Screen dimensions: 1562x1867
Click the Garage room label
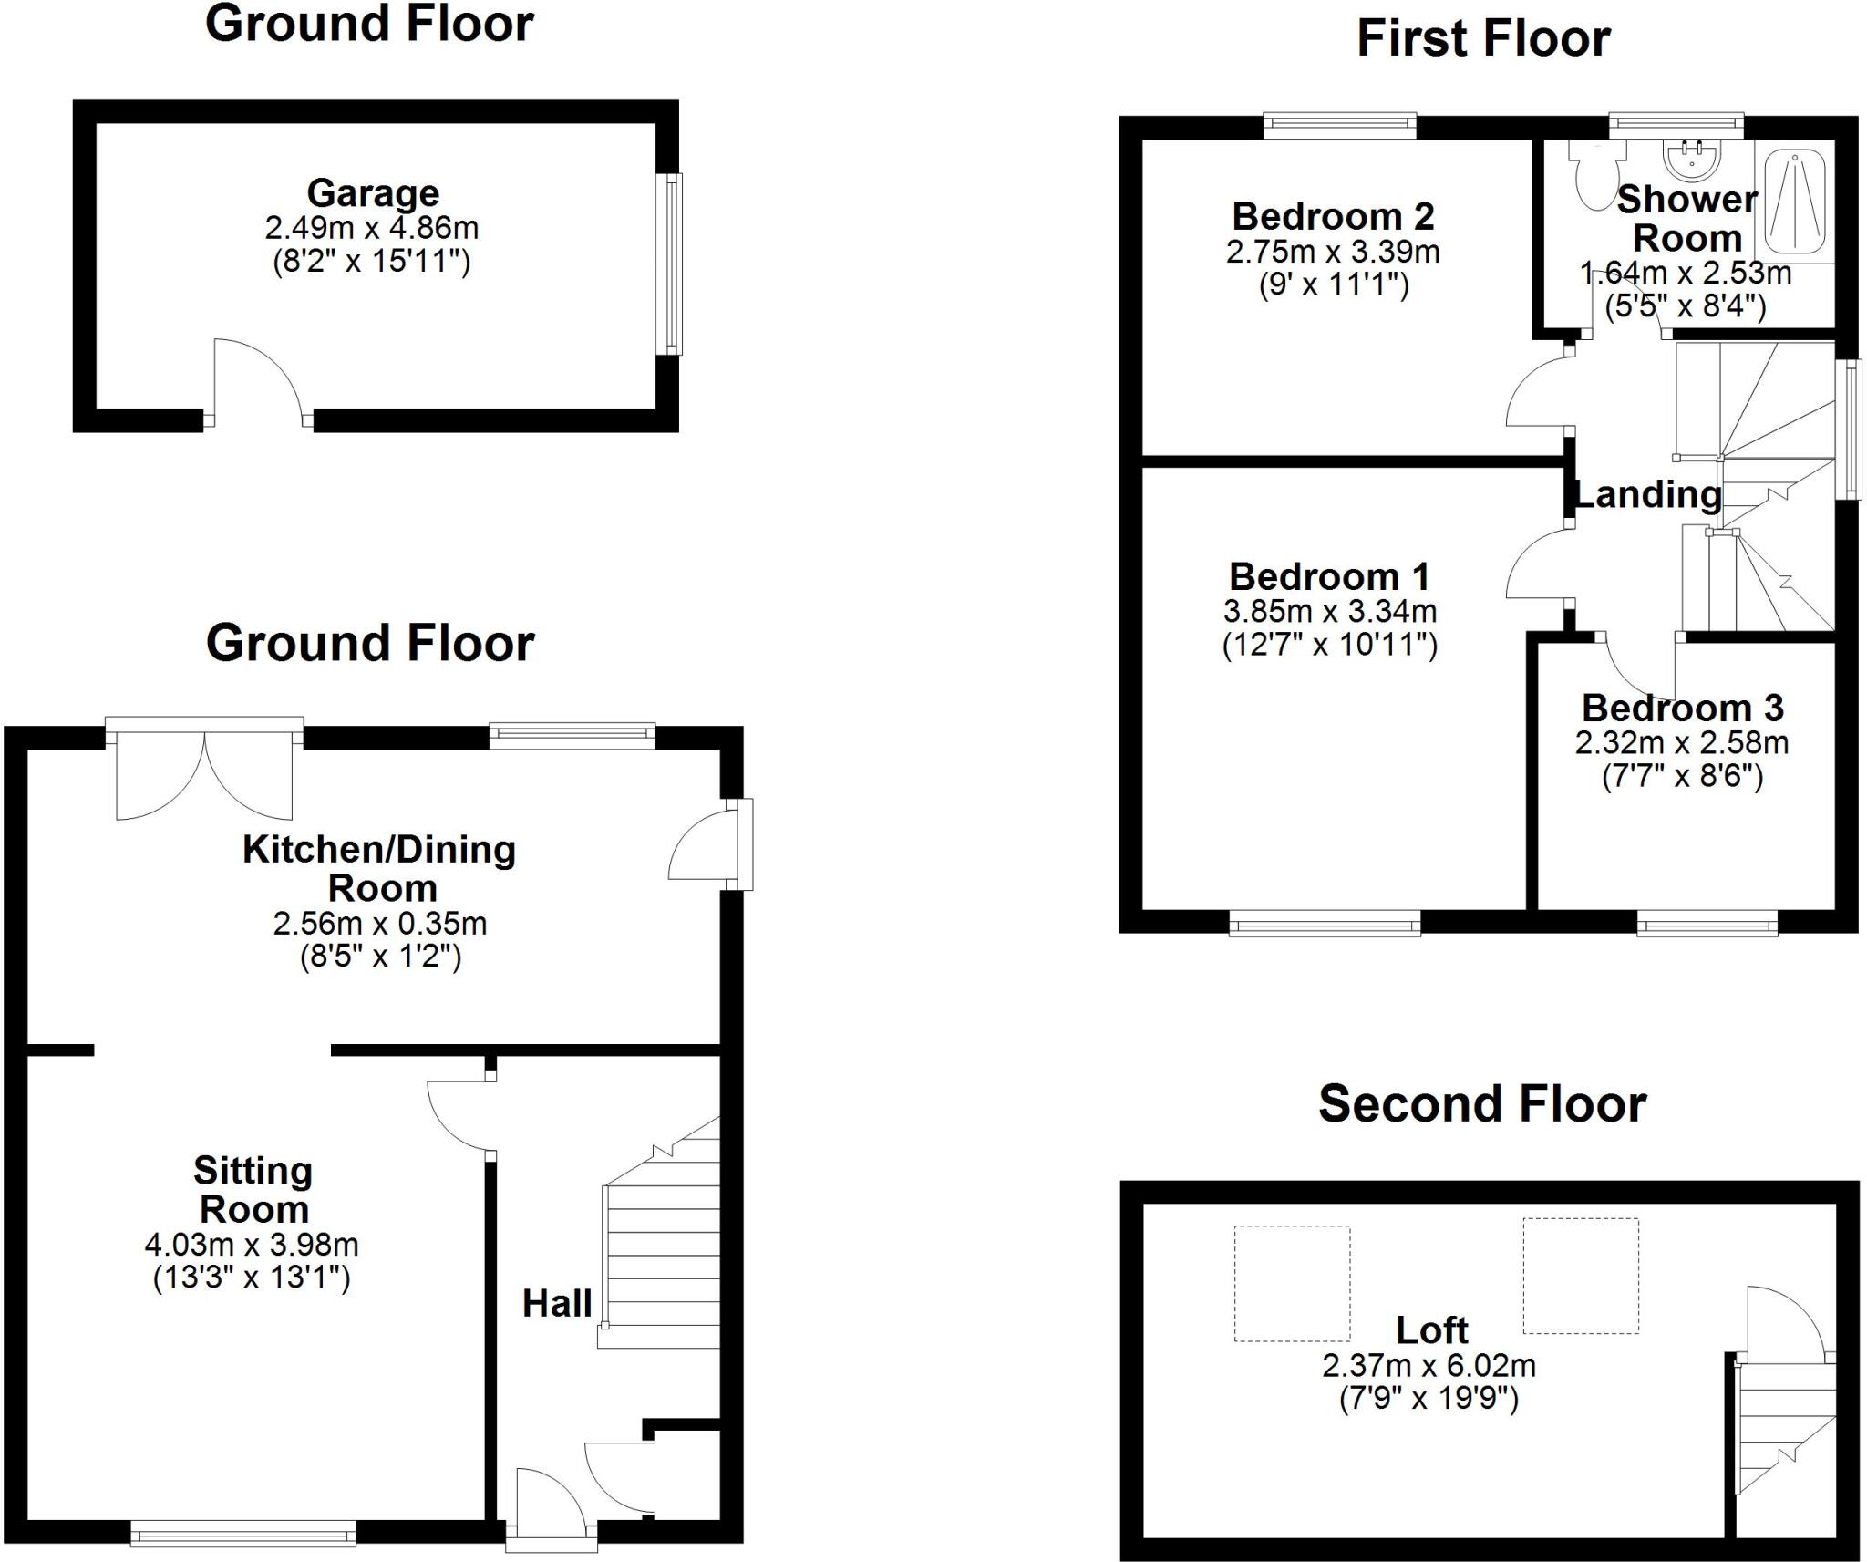(x=373, y=193)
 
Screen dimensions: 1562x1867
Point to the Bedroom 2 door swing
(x=1539, y=392)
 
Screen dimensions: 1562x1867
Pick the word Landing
(x=1648, y=495)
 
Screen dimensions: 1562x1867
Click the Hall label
(x=557, y=1304)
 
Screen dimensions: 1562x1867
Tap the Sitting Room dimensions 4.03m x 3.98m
(x=252, y=1245)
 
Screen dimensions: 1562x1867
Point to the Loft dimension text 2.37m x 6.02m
(x=1429, y=1366)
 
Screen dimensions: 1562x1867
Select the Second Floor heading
(x=1482, y=1104)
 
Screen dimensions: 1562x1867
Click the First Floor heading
(x=1483, y=39)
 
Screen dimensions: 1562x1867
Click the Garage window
(x=673, y=264)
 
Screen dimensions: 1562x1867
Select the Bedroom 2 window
(x=1339, y=126)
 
